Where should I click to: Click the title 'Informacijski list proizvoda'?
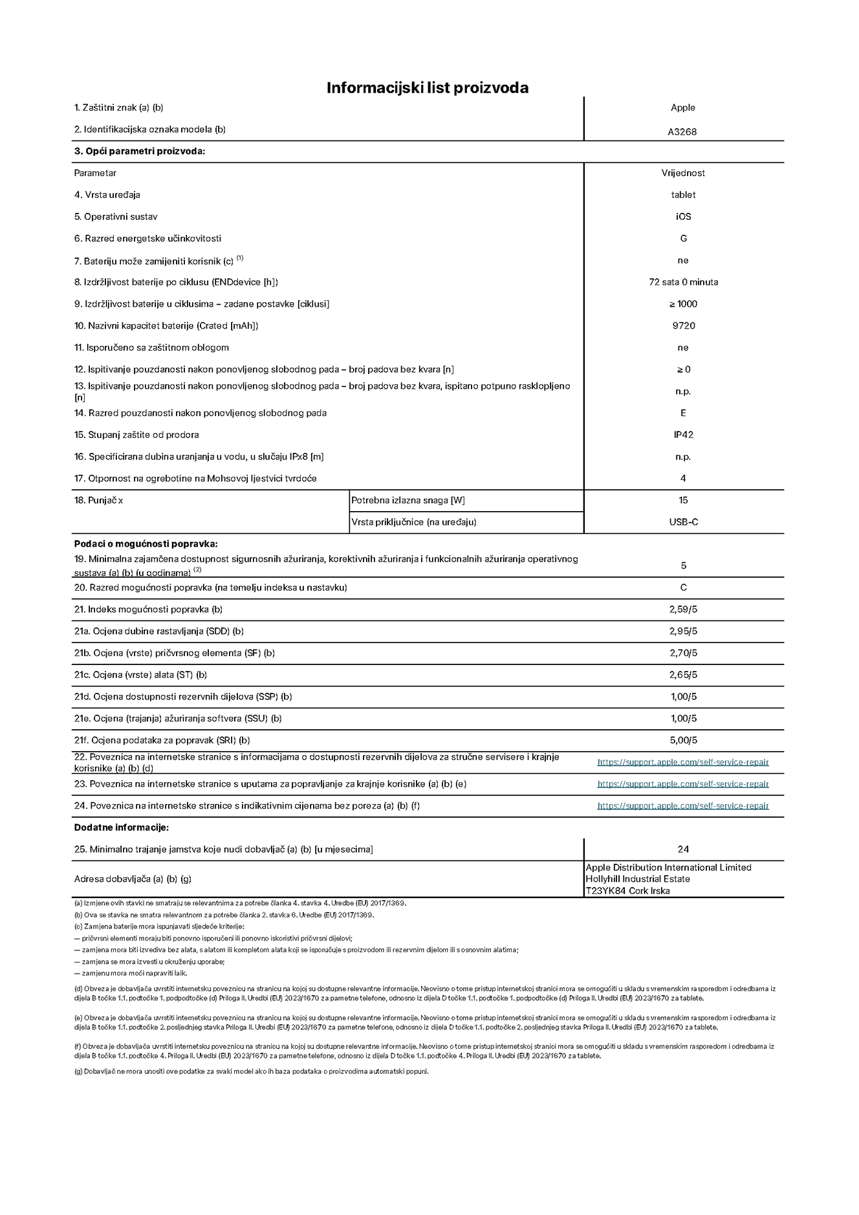[427, 88]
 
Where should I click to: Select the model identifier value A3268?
[682, 132]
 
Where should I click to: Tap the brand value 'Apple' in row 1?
[682, 108]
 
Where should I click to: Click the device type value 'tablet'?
[683, 195]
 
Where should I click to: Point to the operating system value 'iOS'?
[683, 217]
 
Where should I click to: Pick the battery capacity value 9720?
[683, 326]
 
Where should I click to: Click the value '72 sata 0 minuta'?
[683, 282]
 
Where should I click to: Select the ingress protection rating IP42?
[683, 435]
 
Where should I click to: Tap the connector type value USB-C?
[683, 522]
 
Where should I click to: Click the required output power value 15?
[683, 500]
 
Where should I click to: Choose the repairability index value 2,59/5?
[683, 609]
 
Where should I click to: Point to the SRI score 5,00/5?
[683, 740]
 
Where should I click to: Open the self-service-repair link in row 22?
[683, 762]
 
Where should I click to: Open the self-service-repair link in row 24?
[683, 806]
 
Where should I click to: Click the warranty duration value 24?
[683, 849]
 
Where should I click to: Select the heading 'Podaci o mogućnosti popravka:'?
[146, 544]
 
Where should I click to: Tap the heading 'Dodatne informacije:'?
[121, 827]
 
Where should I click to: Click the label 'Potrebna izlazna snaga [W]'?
[408, 500]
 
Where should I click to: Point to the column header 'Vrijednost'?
[683, 173]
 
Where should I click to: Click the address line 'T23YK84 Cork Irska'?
[627, 891]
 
